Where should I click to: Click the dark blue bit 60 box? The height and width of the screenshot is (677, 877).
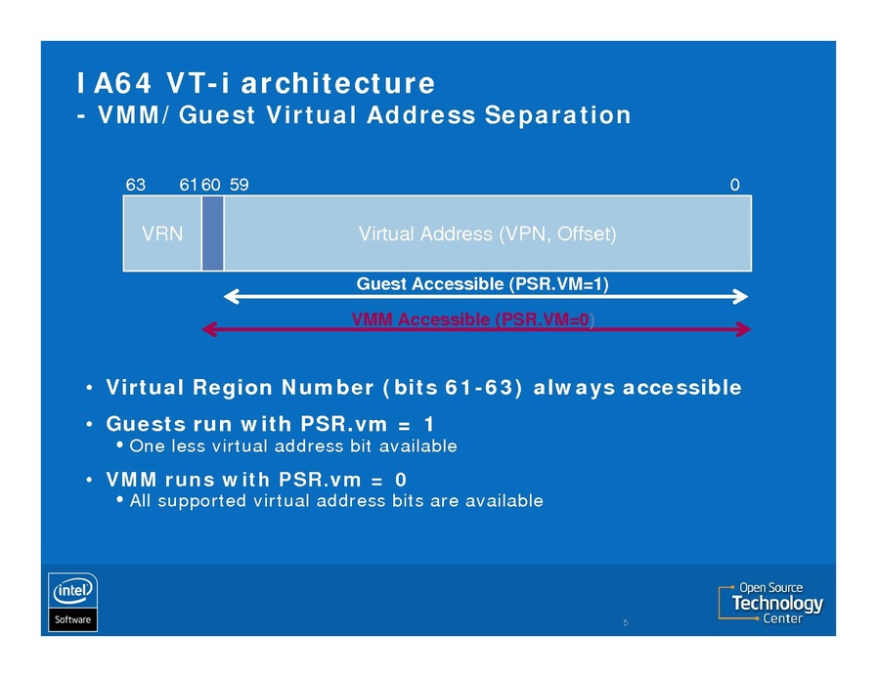pos(212,233)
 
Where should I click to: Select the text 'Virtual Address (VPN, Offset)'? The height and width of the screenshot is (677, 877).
pos(487,234)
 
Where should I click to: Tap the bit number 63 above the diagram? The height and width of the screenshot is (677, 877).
pos(136,184)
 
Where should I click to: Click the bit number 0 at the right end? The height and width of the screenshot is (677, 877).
pos(734,184)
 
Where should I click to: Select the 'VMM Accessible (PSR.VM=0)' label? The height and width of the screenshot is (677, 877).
pos(473,319)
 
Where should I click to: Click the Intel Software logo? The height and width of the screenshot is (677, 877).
pos(73,602)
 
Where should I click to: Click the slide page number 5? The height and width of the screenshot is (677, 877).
pos(624,621)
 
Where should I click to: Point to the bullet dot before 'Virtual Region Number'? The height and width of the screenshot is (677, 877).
pos(89,389)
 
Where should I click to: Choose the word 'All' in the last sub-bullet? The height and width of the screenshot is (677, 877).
pos(141,501)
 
